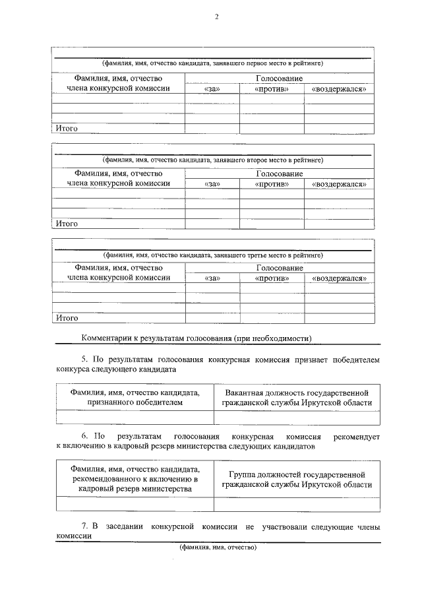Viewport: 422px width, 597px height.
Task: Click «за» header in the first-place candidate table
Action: (x=212, y=89)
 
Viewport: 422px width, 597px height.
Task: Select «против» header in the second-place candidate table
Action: (x=272, y=184)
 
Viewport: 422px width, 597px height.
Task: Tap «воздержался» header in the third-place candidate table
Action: (x=339, y=278)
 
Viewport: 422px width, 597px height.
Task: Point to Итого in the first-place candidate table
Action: (x=67, y=129)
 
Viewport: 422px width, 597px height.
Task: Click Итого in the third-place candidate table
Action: (x=67, y=318)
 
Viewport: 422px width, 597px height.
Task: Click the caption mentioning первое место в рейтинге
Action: (x=212, y=64)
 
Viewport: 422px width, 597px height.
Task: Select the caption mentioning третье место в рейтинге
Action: (x=212, y=254)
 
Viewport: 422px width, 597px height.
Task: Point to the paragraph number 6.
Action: (x=84, y=437)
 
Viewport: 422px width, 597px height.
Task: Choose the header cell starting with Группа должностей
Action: (x=297, y=479)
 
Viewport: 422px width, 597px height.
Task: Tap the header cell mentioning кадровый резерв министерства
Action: (x=135, y=479)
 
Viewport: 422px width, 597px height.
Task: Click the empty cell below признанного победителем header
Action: (x=135, y=417)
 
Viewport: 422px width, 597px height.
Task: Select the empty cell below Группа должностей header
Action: (x=297, y=504)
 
